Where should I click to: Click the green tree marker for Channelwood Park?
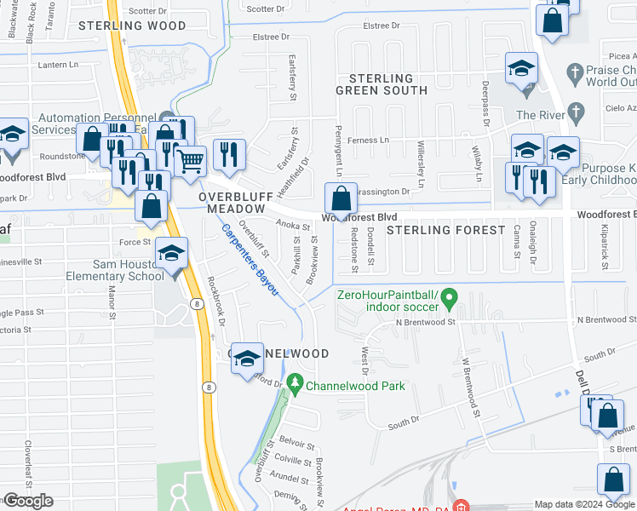tap(296, 385)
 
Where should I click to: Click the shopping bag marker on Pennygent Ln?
tap(341, 200)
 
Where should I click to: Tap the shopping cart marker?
tap(191, 161)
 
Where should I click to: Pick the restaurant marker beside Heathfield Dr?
tap(229, 154)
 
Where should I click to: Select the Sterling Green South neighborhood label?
tap(374, 83)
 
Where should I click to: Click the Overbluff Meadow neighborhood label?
tap(232, 202)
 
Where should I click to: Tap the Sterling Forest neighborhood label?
tap(442, 230)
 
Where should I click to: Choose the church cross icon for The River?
tap(577, 112)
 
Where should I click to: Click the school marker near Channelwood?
tap(248, 360)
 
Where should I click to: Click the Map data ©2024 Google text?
tap(584, 504)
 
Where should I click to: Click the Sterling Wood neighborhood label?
tap(132, 26)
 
